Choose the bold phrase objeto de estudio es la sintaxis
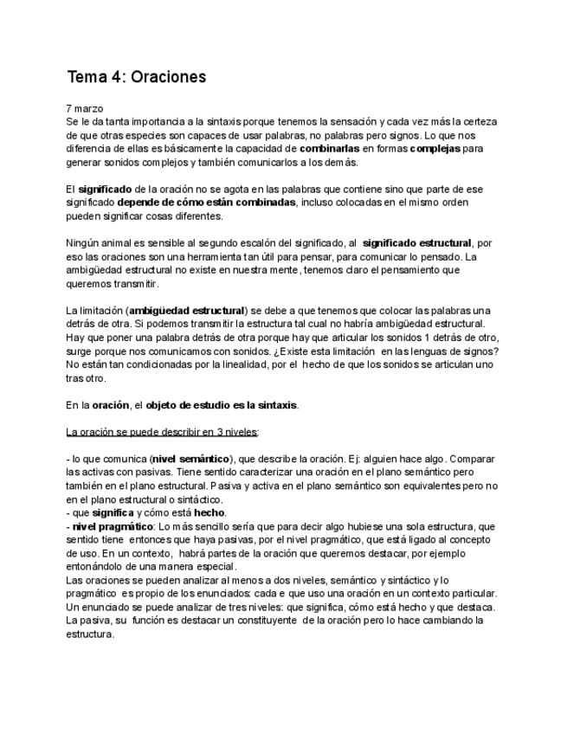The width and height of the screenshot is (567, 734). [222, 405]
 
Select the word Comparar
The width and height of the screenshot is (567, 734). [473, 458]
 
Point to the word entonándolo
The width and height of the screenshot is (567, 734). [97, 566]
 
